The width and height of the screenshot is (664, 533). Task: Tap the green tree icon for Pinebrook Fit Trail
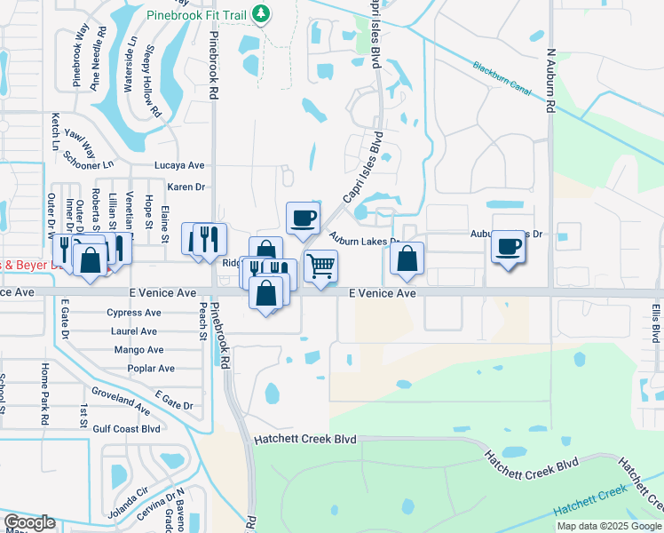(x=261, y=12)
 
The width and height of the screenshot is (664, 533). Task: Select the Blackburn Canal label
(x=500, y=71)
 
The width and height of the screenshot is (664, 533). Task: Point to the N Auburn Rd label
(x=550, y=79)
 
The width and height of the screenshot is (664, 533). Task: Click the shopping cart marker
(x=320, y=265)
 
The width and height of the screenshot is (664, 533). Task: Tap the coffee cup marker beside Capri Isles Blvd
(x=303, y=217)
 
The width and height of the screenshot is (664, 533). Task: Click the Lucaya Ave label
(x=179, y=165)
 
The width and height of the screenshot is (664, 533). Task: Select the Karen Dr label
(x=186, y=187)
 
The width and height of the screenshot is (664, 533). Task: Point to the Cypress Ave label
(x=133, y=313)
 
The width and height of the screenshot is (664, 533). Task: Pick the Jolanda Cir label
(x=130, y=489)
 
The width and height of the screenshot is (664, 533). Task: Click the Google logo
(x=29, y=522)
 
